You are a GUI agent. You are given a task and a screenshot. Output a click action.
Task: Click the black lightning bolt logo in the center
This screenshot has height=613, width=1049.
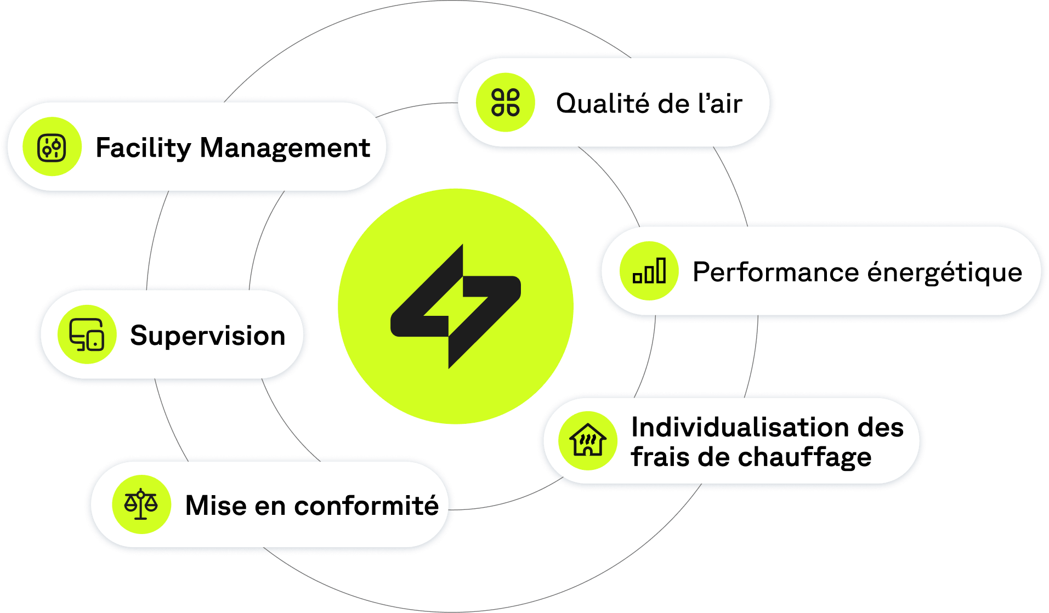pyautogui.click(x=455, y=306)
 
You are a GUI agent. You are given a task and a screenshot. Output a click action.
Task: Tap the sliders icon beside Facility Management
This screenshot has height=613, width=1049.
pyautogui.click(x=52, y=147)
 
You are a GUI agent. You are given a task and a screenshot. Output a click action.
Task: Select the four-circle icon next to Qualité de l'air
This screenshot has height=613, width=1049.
pyautogui.click(x=505, y=103)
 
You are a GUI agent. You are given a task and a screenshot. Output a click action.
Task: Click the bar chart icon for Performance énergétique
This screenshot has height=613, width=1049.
pyautogui.click(x=649, y=271)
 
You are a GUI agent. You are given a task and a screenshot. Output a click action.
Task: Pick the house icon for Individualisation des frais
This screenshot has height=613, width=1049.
pyautogui.click(x=588, y=440)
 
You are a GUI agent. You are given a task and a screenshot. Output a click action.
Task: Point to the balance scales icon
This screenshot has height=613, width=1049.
pyautogui.click(x=141, y=504)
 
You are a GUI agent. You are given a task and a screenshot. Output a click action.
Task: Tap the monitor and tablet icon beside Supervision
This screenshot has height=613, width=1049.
pyautogui.click(x=87, y=334)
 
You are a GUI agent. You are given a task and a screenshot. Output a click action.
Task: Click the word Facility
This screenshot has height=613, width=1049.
pyautogui.click(x=143, y=148)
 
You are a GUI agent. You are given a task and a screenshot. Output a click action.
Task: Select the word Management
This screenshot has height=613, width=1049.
pyautogui.click(x=285, y=148)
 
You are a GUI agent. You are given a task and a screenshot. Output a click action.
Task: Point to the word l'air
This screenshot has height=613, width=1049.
pyautogui.click(x=720, y=104)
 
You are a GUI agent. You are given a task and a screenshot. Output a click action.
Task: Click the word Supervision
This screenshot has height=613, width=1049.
pyautogui.click(x=208, y=336)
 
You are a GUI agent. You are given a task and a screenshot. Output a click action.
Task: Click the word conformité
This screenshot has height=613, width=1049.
pyautogui.click(x=366, y=506)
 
